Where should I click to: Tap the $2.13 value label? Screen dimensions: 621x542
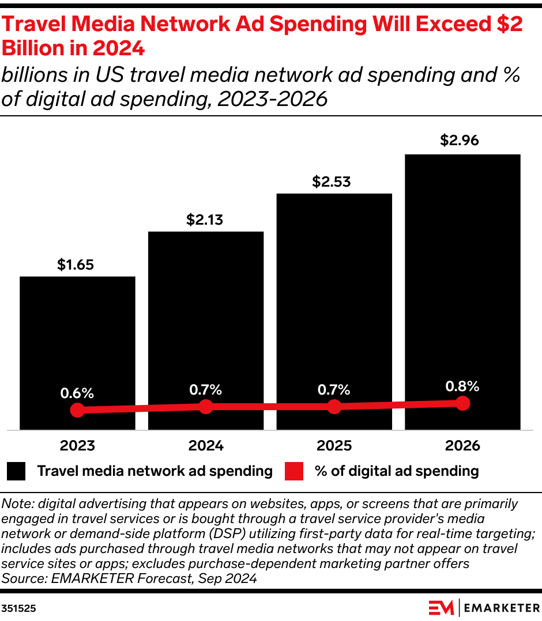pyautogui.click(x=206, y=219)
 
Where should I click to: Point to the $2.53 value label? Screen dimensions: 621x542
pyautogui.click(x=334, y=181)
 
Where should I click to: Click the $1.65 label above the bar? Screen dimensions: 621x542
pyautogui.click(x=77, y=264)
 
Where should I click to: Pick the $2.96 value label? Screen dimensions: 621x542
pyautogui.click(x=462, y=141)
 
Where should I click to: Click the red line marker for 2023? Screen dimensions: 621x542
pyautogui.click(x=77, y=410)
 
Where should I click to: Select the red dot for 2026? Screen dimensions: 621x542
pyautogui.click(x=462, y=403)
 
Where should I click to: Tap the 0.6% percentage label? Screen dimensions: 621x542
pyautogui.click(x=77, y=393)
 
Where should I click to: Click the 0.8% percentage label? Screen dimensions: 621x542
pyautogui.click(x=462, y=386)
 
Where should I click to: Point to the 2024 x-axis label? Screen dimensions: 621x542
pyautogui.click(x=206, y=446)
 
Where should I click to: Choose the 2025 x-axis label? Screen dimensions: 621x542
pyautogui.click(x=334, y=446)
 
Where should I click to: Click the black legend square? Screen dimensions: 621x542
pyautogui.click(x=16, y=471)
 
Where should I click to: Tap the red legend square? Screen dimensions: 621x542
pyautogui.click(x=294, y=471)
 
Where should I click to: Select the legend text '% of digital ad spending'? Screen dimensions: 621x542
pyautogui.click(x=397, y=471)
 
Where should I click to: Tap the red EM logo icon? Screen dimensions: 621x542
pyautogui.click(x=441, y=608)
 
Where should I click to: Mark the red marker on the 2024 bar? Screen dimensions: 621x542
pyautogui.click(x=206, y=407)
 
